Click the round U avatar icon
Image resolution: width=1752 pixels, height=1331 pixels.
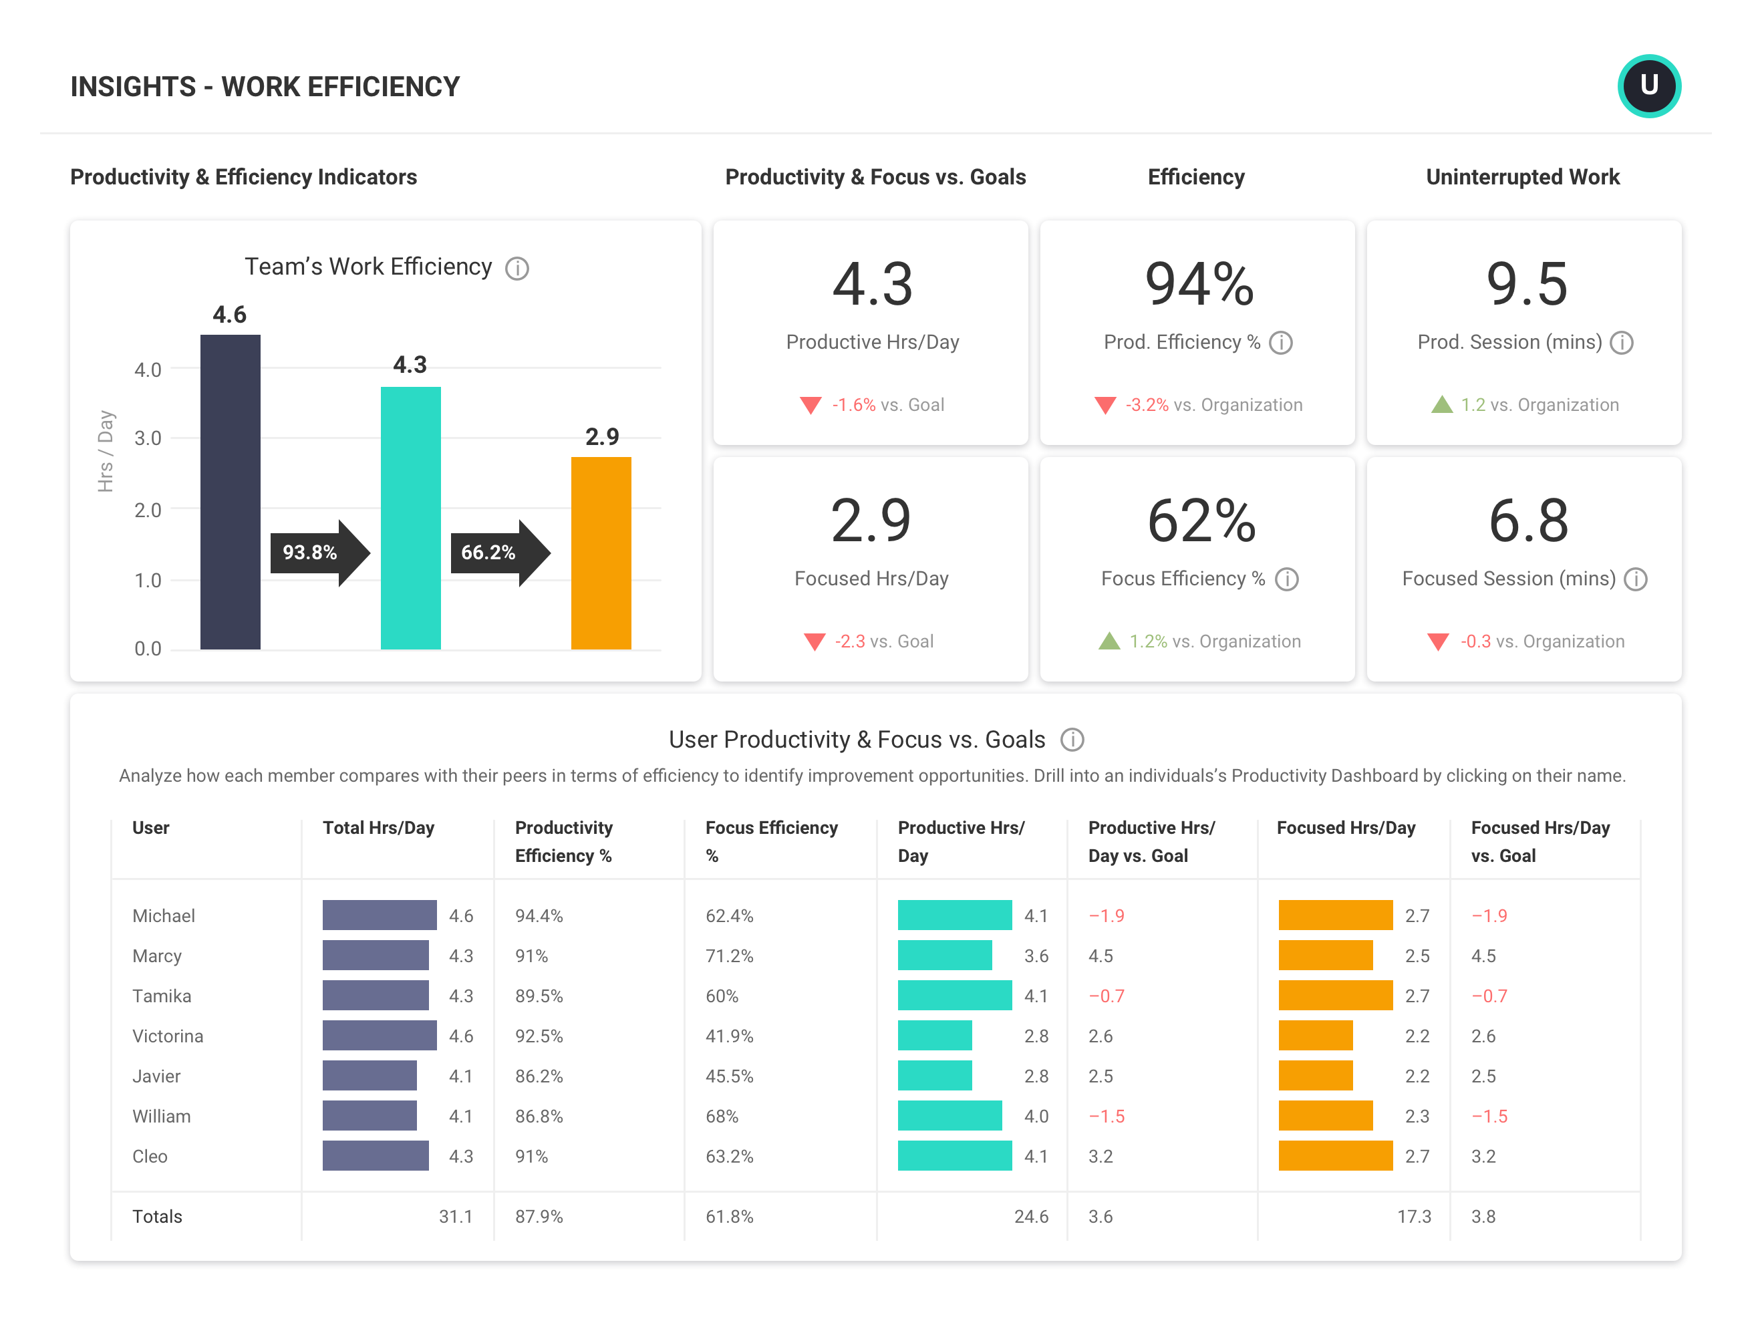click(x=1648, y=86)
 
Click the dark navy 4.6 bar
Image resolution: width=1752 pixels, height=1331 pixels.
click(x=230, y=491)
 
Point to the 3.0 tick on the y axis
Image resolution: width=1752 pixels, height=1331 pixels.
click(x=148, y=438)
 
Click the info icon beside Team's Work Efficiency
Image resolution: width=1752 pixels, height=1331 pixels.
click(x=517, y=269)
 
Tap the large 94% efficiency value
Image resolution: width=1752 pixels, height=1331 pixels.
click(x=1199, y=283)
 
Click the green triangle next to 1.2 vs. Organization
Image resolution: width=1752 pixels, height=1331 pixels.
click(x=1441, y=405)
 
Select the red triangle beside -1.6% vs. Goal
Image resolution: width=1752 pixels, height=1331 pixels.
click(x=810, y=405)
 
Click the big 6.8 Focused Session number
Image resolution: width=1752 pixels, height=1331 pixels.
click(x=1527, y=521)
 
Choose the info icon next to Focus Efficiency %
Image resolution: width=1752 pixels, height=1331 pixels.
click(x=1286, y=579)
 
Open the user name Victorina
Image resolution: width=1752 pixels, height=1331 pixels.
click(x=167, y=1036)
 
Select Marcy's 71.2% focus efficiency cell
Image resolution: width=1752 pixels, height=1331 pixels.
click(x=729, y=955)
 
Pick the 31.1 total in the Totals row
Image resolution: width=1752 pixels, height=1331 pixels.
click(x=455, y=1216)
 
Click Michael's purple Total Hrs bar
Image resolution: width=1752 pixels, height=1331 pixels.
click(x=379, y=915)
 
